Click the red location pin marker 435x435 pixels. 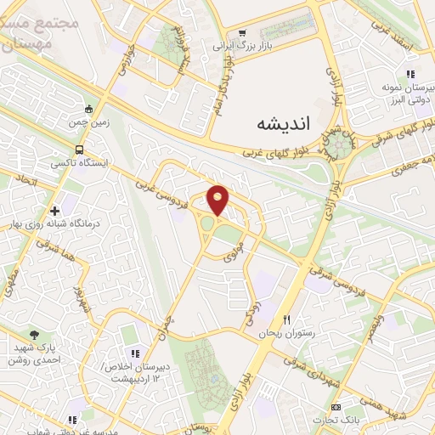tap(218, 201)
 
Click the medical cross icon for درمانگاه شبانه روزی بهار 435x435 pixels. tap(55, 210)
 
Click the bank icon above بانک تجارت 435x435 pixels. tap(335, 406)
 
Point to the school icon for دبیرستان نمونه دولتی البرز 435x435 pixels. tap(410, 74)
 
